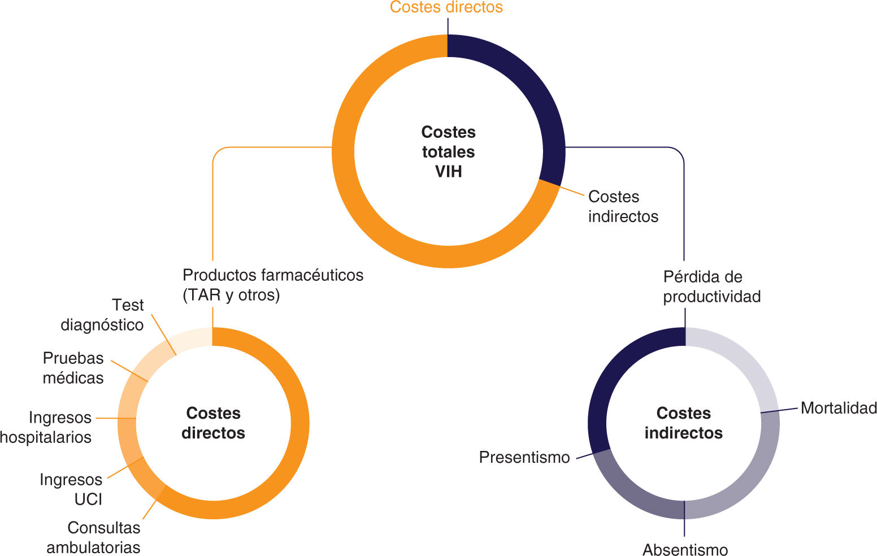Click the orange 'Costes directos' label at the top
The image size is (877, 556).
tap(446, 7)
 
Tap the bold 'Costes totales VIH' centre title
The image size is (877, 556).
tap(449, 151)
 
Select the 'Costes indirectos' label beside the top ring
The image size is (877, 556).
tap(623, 206)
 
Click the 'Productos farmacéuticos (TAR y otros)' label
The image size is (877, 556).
tap(273, 285)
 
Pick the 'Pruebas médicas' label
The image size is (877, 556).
tap(73, 368)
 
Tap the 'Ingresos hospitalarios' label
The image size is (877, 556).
tap(46, 427)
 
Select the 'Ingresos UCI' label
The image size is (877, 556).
tap(71, 489)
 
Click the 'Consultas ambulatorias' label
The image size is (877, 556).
tap(94, 537)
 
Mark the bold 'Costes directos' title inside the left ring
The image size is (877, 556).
tap(214, 423)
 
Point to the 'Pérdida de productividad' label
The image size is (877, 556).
tap(711, 286)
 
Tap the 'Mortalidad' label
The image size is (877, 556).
tap(839, 408)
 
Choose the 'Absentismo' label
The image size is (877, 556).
tap(685, 549)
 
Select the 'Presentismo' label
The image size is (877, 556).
tap(524, 457)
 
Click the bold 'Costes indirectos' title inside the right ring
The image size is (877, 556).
tap(684, 423)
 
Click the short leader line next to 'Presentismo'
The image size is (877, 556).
tap(585, 456)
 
